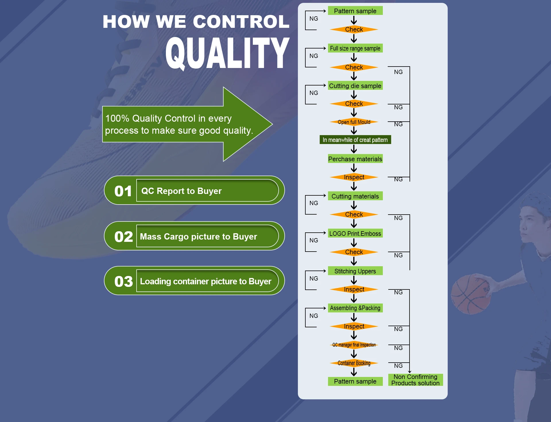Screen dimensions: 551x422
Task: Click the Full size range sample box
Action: tap(355, 48)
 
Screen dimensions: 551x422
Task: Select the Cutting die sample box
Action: tap(355, 85)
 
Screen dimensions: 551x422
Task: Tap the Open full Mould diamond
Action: tap(354, 122)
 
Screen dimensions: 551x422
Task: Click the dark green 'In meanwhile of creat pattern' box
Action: tap(355, 140)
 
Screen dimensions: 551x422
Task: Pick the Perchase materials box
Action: tap(355, 159)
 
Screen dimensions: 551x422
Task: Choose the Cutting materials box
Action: tap(355, 196)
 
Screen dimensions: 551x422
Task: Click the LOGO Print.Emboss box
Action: tap(355, 233)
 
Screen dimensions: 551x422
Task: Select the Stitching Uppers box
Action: tap(355, 271)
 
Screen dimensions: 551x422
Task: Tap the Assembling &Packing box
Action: tap(355, 308)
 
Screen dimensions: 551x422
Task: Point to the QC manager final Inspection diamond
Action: tap(354, 345)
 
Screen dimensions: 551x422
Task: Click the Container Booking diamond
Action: tap(354, 363)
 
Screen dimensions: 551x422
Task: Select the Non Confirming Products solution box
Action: tap(416, 380)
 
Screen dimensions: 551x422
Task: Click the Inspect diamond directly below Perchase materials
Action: tap(354, 177)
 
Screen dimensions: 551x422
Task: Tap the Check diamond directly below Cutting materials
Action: tap(354, 214)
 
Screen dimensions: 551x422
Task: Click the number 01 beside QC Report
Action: tap(123, 191)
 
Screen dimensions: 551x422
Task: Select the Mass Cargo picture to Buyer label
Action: tap(199, 236)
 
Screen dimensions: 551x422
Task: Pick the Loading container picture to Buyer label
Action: tap(205, 281)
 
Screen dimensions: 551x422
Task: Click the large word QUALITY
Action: tap(227, 53)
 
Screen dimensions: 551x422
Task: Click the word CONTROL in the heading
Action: tap(241, 22)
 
